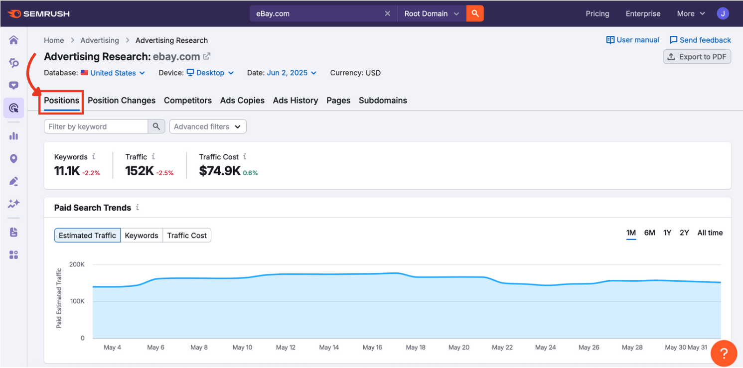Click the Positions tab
click(x=61, y=100)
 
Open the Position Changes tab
click(x=122, y=100)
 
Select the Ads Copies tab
click(x=242, y=100)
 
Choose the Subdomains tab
click(x=383, y=100)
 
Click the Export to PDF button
click(x=697, y=57)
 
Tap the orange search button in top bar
click(x=475, y=13)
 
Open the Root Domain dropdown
click(x=432, y=13)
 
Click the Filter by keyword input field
click(x=96, y=126)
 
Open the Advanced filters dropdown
click(x=208, y=126)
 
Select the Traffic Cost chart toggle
click(x=187, y=236)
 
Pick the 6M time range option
click(x=649, y=233)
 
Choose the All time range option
click(x=710, y=233)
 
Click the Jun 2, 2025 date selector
click(x=292, y=73)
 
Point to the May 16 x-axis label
click(x=372, y=348)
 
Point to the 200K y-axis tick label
click(x=77, y=264)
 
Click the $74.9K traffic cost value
click(x=220, y=171)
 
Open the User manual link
click(x=632, y=40)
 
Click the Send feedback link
click(x=700, y=40)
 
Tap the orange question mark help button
click(x=724, y=354)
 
